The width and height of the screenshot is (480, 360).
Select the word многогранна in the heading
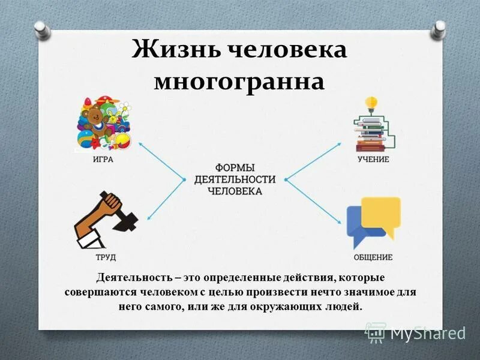coord(239,81)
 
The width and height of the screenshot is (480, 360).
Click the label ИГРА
coord(103,160)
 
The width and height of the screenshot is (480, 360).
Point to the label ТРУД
coord(104,257)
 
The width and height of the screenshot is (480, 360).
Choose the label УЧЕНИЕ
coord(373,160)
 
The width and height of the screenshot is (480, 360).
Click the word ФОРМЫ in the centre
coord(235,167)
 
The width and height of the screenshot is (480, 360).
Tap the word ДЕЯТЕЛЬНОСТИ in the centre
coord(235,179)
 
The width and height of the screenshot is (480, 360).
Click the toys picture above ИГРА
coord(103,123)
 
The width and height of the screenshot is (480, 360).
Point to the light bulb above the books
coord(371,102)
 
